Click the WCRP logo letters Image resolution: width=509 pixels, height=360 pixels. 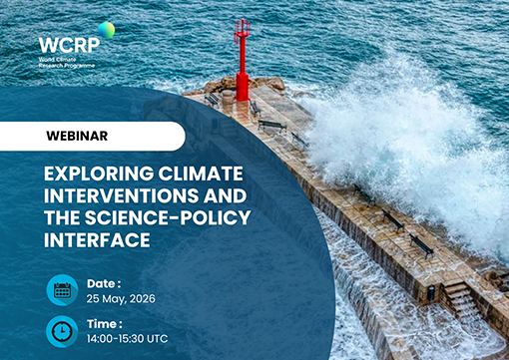(67, 45)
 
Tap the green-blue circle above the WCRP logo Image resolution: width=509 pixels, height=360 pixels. (105, 30)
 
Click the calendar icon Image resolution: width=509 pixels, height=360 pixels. (62, 290)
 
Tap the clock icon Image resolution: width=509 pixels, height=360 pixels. (62, 330)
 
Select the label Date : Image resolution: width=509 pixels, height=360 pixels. (106, 282)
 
